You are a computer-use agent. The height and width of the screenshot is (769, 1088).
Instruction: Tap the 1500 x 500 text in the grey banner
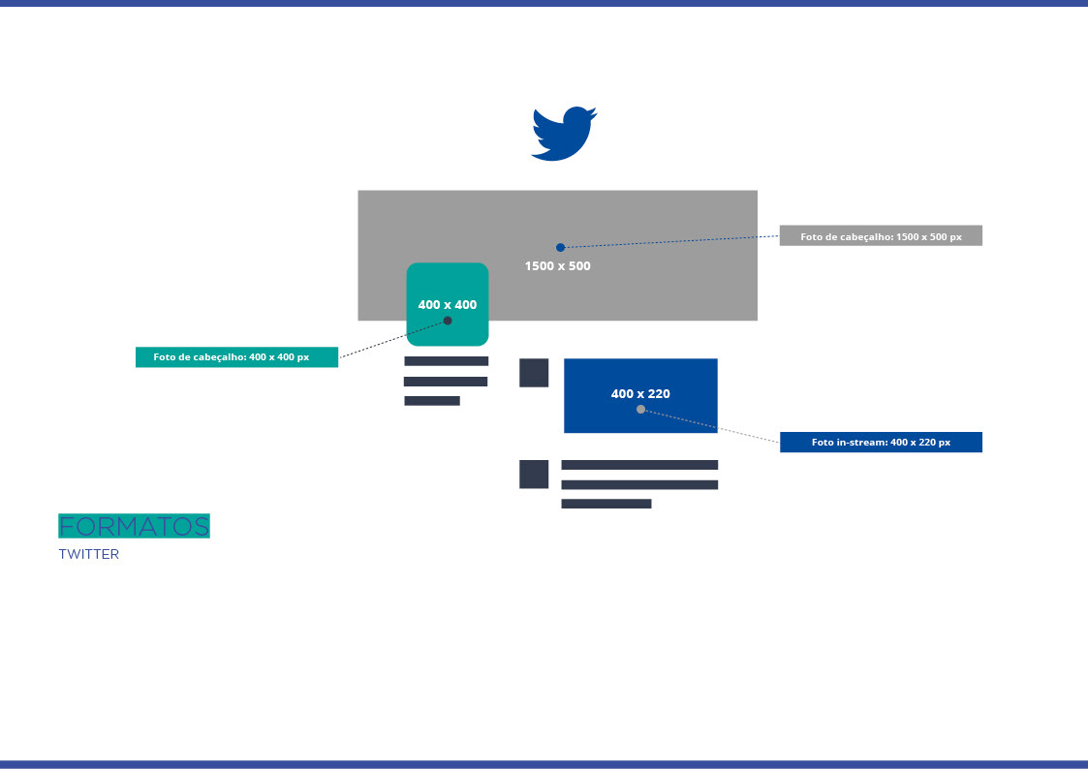[x=557, y=265]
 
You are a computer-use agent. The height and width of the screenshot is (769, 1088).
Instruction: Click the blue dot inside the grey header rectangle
[x=560, y=247]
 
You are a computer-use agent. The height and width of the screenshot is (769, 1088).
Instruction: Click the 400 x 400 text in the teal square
[x=448, y=304]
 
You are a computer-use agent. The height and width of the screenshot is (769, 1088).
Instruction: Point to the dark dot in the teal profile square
[x=448, y=321]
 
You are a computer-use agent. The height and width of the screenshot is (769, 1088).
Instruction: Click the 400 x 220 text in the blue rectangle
[x=640, y=393]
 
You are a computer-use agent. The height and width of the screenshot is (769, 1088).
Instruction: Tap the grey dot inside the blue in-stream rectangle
[x=640, y=409]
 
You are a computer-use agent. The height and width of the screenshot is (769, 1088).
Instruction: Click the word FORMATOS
[x=134, y=526]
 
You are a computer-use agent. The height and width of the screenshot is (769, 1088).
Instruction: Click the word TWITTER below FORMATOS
[x=89, y=555]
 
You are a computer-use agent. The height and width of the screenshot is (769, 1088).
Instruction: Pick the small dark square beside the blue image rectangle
[x=534, y=373]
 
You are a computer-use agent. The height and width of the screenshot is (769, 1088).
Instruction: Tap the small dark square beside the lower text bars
[x=534, y=475]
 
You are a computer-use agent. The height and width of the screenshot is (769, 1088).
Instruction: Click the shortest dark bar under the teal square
[x=432, y=401]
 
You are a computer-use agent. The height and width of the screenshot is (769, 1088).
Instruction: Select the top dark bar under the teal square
[x=446, y=361]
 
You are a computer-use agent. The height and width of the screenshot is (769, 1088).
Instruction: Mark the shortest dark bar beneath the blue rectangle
[x=606, y=504]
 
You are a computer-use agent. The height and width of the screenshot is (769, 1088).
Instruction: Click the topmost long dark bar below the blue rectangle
[x=639, y=465]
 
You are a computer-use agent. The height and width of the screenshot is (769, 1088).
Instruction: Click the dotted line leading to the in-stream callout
[x=712, y=426]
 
